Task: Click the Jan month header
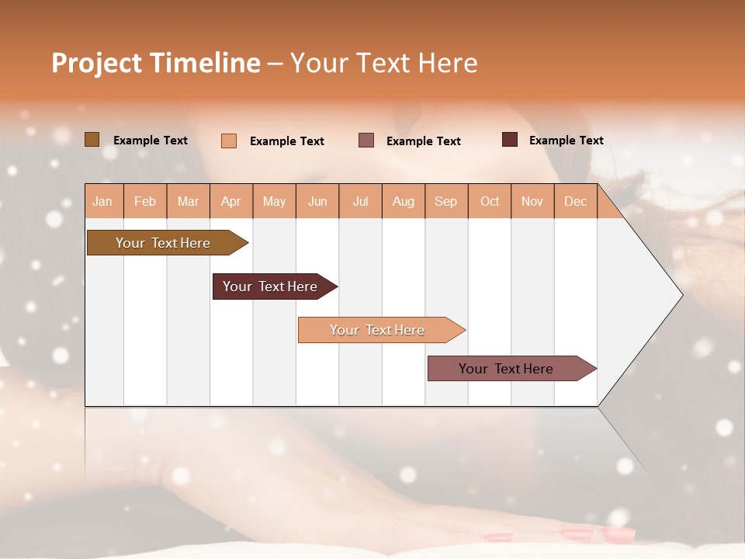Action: (x=102, y=201)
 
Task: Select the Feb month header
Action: (x=145, y=201)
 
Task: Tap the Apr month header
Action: (x=230, y=201)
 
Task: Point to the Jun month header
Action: (x=317, y=201)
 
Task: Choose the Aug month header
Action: (x=403, y=201)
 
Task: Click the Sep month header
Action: (x=445, y=201)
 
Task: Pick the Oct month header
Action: (x=490, y=201)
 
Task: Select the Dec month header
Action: (x=575, y=201)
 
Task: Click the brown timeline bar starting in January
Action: (x=163, y=243)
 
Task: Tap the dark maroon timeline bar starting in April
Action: (x=270, y=286)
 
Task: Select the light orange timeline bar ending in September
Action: (x=377, y=330)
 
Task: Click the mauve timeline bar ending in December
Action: (x=506, y=369)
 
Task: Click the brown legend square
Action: (x=92, y=140)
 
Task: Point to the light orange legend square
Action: (x=229, y=141)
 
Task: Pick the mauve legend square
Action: (x=366, y=140)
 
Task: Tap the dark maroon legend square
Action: (x=510, y=140)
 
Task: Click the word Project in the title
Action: (x=97, y=63)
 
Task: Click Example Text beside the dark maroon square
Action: (x=566, y=141)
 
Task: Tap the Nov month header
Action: (x=532, y=201)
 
